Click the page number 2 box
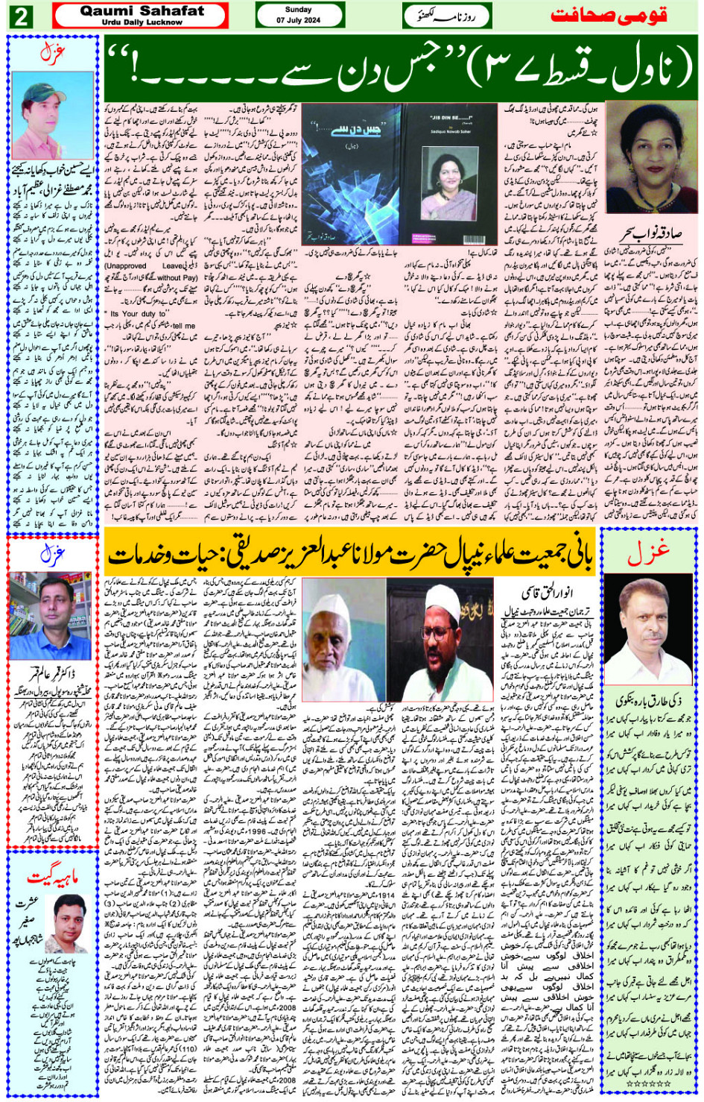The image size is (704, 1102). tap(20, 16)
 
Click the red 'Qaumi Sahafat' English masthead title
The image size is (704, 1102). tap(142, 11)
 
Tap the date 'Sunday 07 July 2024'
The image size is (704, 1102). tap(299, 15)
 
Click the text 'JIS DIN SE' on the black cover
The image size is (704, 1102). tap(451, 118)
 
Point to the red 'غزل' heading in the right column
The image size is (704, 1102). tap(648, 552)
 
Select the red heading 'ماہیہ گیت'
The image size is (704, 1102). tap(51, 877)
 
